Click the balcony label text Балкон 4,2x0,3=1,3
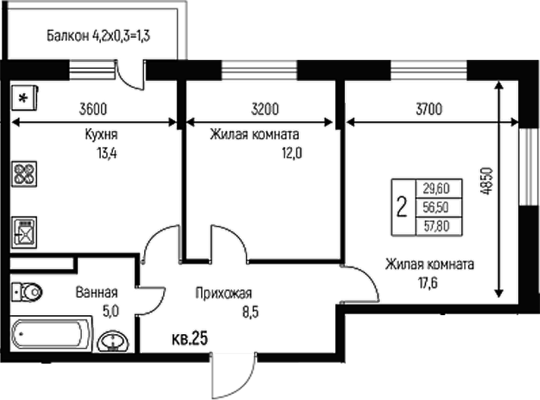[x=96, y=36]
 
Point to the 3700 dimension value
[x=429, y=109]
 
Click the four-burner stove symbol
[x=24, y=176]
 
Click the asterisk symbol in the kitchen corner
[x=24, y=98]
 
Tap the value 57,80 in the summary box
[x=436, y=224]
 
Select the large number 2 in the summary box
[x=402, y=205]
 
